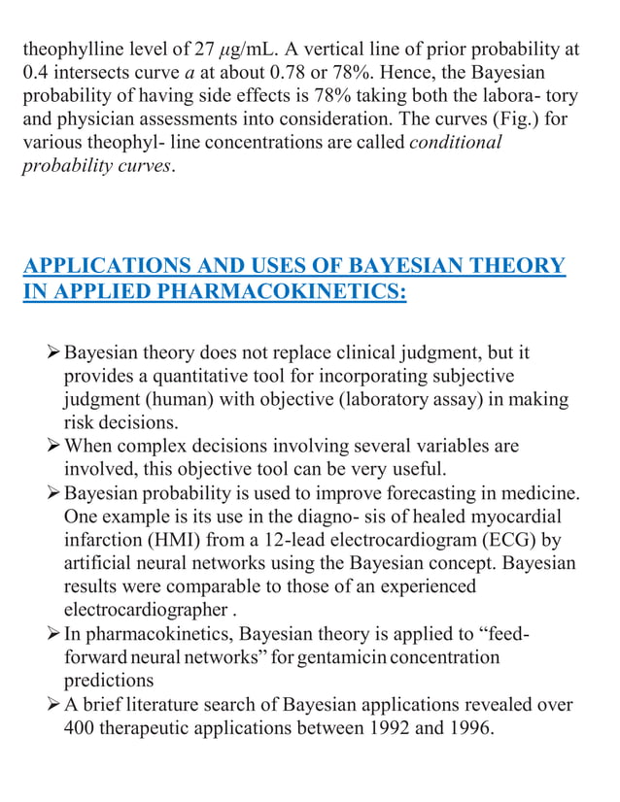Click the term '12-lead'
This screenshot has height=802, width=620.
(x=295, y=540)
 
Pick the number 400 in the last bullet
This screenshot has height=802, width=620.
(x=82, y=728)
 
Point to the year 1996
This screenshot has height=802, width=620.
(x=473, y=728)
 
